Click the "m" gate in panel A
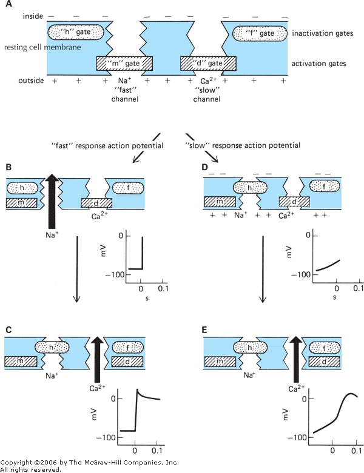click(124, 63)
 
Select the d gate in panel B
click(96, 202)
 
